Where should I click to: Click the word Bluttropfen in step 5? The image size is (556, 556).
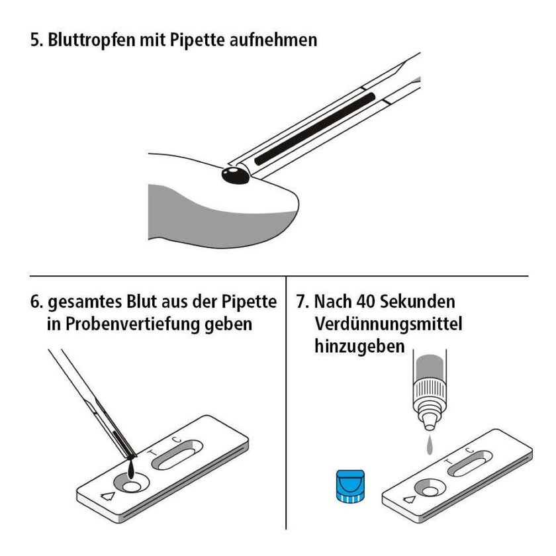coord(91,40)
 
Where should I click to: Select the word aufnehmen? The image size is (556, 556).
coord(273,40)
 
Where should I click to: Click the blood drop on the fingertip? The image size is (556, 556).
coord(235,175)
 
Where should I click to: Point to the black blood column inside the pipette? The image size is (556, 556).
coord(315,128)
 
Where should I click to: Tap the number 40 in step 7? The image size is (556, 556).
coord(365,302)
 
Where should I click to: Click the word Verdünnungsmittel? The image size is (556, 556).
coord(389,324)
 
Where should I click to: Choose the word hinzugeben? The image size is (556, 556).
coord(359,346)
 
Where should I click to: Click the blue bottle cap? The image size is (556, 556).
coord(350,486)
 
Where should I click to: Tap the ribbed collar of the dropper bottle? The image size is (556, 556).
coord(430,392)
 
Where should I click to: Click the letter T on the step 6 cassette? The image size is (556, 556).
coord(152,453)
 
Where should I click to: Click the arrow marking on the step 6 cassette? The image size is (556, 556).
coord(108,496)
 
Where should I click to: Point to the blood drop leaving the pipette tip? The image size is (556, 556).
coord(132,469)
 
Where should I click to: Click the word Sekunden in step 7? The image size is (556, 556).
coord(418,302)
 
